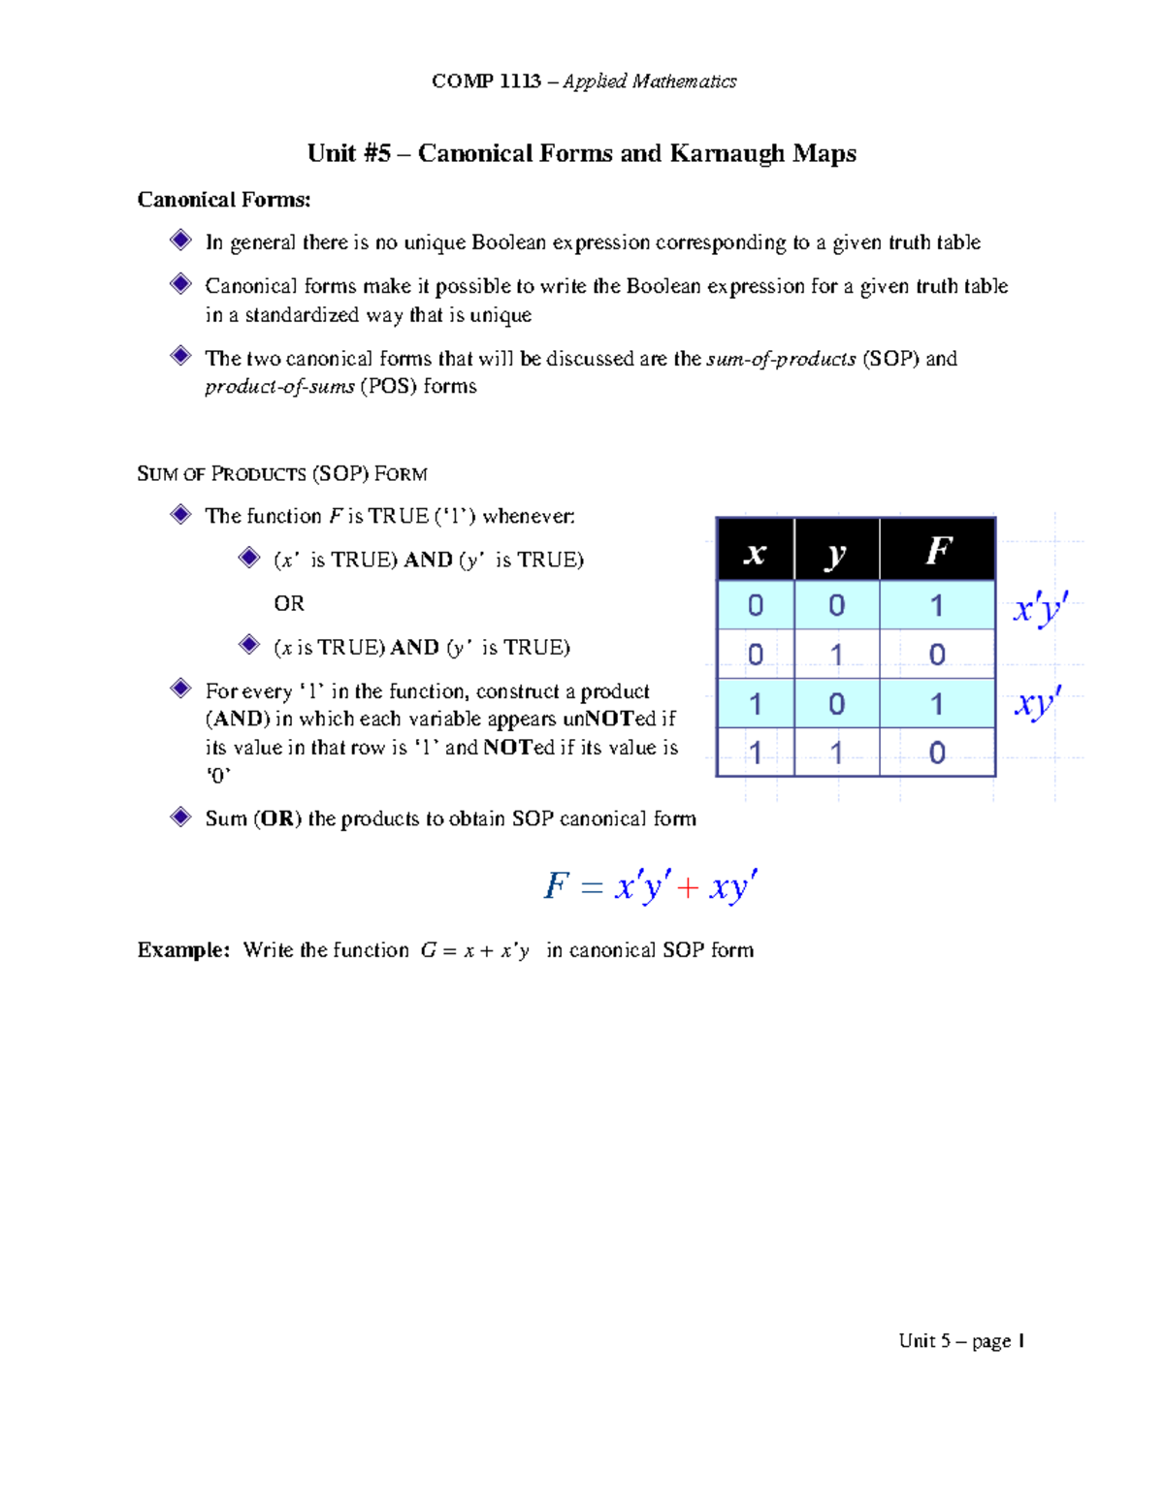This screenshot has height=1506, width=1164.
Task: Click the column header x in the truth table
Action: click(755, 551)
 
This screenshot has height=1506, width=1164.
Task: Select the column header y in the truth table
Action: click(836, 551)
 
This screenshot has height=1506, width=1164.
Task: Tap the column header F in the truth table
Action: click(937, 551)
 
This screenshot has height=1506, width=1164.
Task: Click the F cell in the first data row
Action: click(937, 605)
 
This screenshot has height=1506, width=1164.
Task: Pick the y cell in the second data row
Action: click(836, 655)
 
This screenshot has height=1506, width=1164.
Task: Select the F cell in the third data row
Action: click(937, 704)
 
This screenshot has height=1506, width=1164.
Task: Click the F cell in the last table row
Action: click(937, 753)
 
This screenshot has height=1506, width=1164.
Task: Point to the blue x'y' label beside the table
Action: click(1040, 609)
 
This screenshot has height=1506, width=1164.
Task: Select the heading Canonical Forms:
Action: click(224, 200)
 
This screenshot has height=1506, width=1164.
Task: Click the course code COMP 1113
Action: click(486, 81)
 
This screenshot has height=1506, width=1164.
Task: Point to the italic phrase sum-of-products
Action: click(781, 359)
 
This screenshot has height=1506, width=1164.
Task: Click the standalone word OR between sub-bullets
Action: click(289, 603)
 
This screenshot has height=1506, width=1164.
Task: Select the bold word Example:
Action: click(183, 950)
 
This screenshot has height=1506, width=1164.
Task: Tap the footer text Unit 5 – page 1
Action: click(961, 1341)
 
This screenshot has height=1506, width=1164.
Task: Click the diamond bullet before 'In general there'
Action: click(180, 240)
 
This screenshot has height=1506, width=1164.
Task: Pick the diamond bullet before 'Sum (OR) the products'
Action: click(180, 817)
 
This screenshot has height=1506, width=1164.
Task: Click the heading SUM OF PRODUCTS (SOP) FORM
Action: click(282, 474)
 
